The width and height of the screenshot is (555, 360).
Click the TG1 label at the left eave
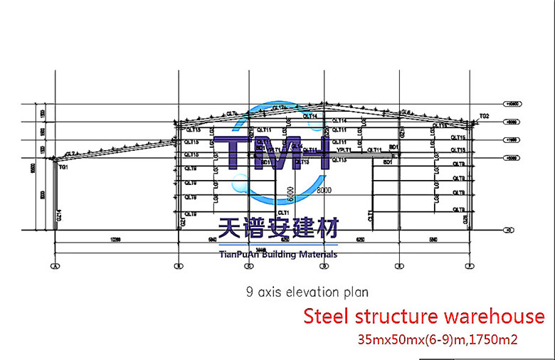[63, 166]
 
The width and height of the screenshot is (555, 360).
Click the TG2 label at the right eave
[485, 115]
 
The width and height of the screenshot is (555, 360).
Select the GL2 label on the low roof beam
[70, 154]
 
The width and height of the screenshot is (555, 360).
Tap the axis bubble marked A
[54, 266]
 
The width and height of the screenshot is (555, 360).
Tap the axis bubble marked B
[177, 266]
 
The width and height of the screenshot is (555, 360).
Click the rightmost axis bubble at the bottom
[470, 266]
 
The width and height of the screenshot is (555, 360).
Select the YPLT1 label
[345, 150]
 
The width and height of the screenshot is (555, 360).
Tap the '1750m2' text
[492, 340]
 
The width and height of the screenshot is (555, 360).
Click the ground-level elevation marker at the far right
[509, 230]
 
